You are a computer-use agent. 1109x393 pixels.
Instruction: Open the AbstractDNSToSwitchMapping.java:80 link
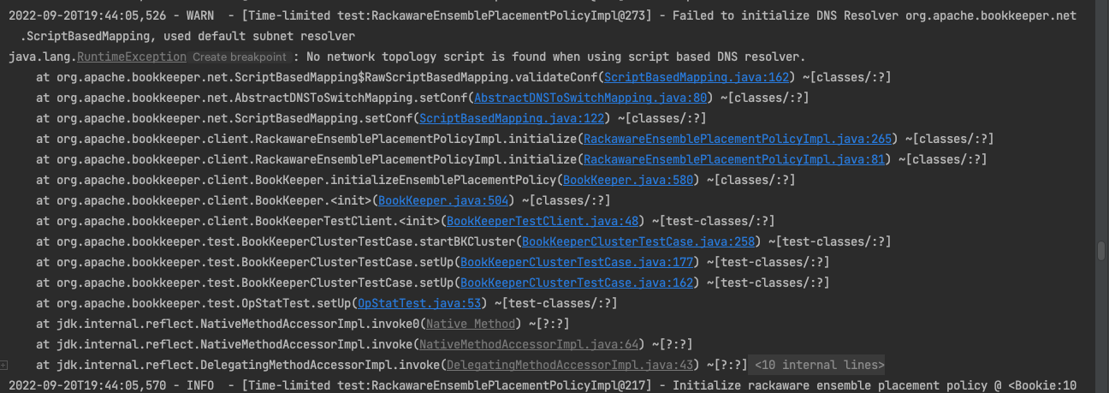coord(590,98)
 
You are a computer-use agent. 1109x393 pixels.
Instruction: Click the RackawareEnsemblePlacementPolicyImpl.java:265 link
coord(738,139)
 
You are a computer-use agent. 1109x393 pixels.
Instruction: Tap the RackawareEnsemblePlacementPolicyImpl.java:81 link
coord(735,159)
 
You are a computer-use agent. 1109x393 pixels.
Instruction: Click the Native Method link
coord(471,324)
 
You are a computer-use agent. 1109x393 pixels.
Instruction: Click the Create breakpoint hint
coord(239,57)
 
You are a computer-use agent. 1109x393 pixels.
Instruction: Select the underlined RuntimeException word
coord(132,57)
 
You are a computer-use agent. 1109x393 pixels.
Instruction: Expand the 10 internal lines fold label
coord(818,365)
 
